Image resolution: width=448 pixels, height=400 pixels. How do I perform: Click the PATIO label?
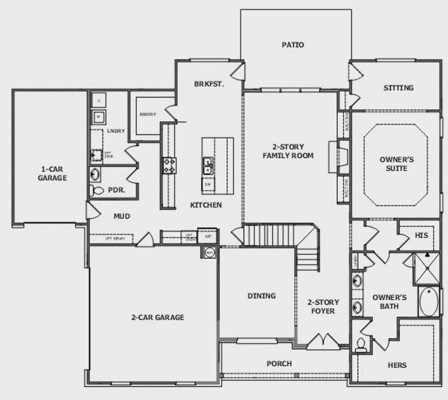click(x=293, y=45)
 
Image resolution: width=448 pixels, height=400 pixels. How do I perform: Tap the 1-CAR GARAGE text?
click(x=52, y=174)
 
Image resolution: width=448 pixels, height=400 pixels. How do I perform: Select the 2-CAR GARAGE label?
click(x=157, y=317)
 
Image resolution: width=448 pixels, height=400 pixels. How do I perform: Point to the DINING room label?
click(x=262, y=296)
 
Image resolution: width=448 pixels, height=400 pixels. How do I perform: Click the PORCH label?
click(x=279, y=364)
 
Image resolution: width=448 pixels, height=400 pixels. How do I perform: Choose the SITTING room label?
click(x=398, y=88)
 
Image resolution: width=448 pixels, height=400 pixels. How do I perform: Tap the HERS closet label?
click(x=397, y=365)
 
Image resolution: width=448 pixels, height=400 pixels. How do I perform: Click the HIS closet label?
click(x=421, y=235)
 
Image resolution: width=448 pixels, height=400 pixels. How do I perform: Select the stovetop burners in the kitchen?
click(x=169, y=166)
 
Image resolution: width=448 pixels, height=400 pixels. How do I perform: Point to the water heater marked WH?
click(x=209, y=252)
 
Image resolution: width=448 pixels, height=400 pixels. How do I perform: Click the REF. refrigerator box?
click(x=208, y=236)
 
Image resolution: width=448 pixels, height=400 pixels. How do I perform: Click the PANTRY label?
click(x=148, y=114)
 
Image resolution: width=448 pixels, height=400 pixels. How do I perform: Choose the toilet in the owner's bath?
click(x=360, y=344)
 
